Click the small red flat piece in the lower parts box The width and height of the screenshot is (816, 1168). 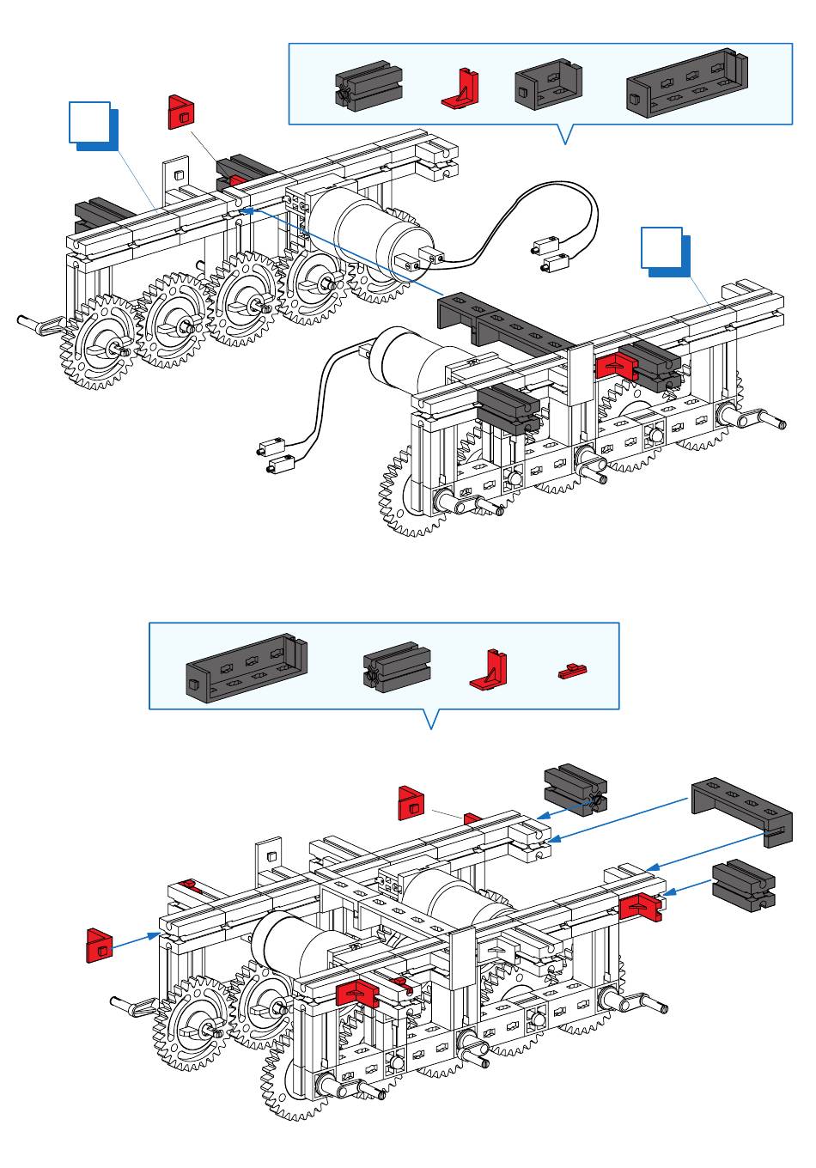[x=570, y=671]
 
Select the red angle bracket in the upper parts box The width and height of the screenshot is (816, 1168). [x=461, y=89]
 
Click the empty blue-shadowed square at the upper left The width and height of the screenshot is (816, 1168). [x=90, y=123]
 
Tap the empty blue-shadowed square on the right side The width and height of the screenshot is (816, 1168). [x=662, y=249]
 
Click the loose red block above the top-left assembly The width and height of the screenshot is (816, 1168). [x=182, y=112]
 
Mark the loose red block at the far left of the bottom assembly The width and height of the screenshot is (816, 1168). [x=100, y=945]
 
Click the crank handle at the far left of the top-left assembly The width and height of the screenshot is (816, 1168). [x=40, y=323]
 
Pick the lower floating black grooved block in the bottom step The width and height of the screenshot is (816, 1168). [x=744, y=886]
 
